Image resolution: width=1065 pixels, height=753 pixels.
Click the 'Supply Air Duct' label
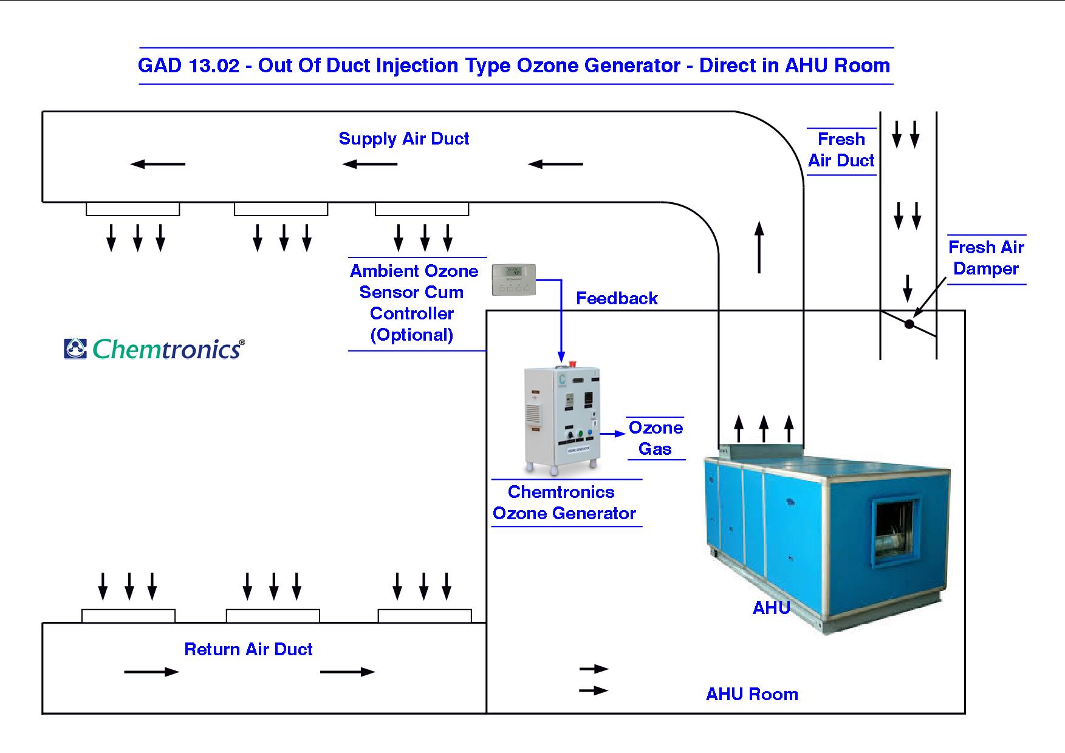(x=403, y=138)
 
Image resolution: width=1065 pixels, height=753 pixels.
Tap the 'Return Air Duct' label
(x=248, y=649)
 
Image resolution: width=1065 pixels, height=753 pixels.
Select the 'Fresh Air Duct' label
(x=841, y=150)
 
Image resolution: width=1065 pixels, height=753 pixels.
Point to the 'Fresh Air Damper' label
(x=985, y=258)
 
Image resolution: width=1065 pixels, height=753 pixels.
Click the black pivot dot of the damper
(x=909, y=324)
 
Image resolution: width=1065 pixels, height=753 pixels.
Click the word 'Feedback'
(x=617, y=298)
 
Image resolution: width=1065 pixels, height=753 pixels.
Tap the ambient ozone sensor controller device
(x=513, y=279)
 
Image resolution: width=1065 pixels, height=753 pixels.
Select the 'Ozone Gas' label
(x=655, y=438)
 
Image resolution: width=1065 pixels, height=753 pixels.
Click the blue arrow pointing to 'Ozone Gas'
(x=613, y=434)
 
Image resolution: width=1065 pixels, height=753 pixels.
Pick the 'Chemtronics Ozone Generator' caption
(x=564, y=503)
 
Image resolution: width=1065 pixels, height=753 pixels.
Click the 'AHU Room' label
(x=752, y=694)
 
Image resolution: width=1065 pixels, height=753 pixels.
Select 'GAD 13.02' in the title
(x=188, y=66)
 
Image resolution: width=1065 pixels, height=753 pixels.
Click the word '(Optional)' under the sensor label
(x=412, y=335)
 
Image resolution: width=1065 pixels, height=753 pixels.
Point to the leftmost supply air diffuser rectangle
(x=132, y=209)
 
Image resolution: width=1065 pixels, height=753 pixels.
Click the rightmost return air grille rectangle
(x=424, y=616)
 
